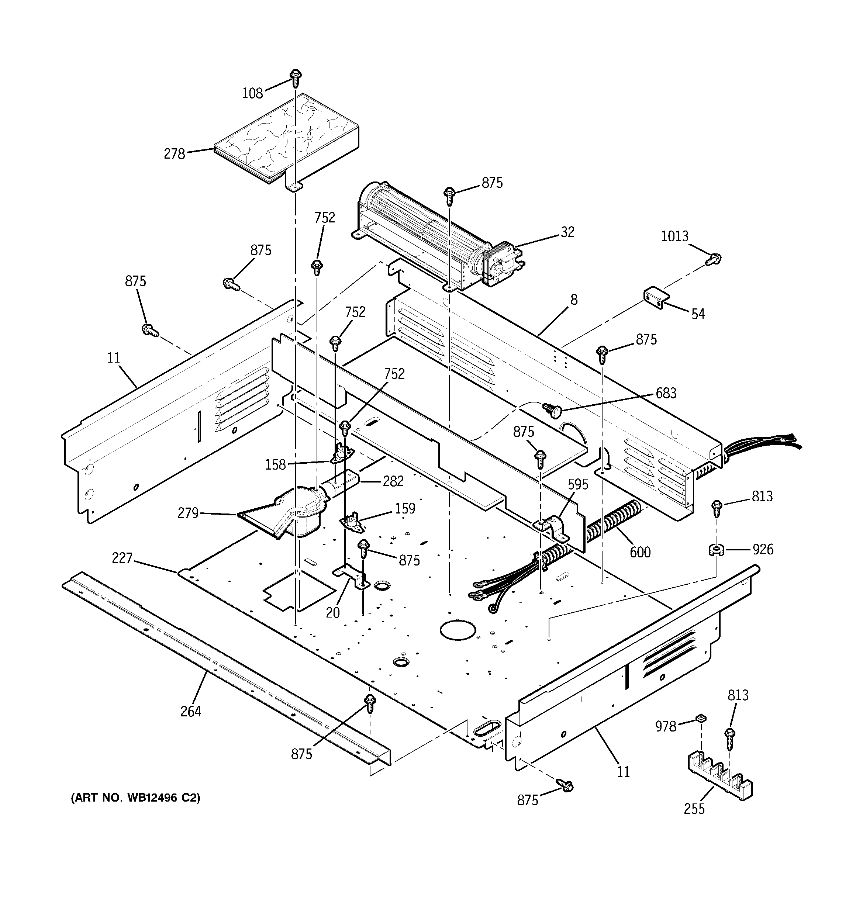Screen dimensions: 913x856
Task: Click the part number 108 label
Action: (x=252, y=93)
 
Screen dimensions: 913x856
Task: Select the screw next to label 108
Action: (x=296, y=79)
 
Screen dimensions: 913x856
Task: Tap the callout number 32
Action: (x=567, y=232)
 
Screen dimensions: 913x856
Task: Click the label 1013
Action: (x=674, y=236)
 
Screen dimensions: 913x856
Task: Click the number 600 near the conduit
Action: (x=639, y=552)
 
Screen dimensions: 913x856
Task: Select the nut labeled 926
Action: (x=715, y=549)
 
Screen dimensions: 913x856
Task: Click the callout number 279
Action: (x=188, y=513)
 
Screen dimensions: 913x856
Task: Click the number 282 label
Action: (x=393, y=481)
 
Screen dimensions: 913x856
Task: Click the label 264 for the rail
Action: (x=191, y=711)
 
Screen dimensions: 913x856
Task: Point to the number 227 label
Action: (x=122, y=558)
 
